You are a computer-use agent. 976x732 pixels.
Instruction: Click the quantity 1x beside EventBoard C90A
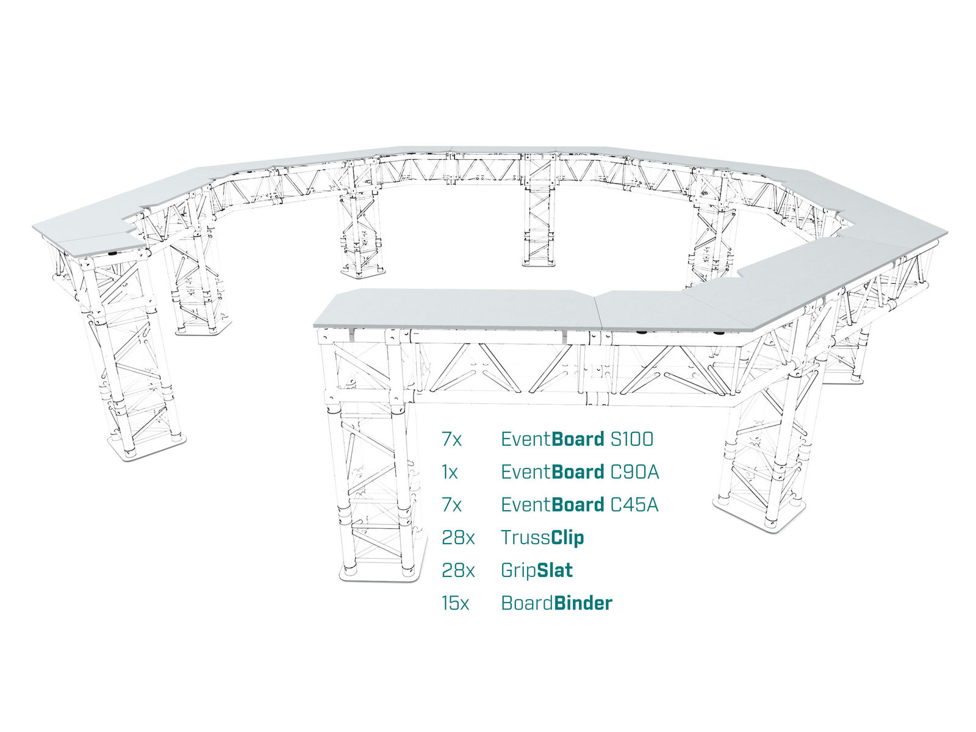click(450, 472)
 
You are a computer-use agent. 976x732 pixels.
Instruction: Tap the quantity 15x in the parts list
click(455, 603)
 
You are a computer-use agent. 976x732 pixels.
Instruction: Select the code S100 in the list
click(632, 439)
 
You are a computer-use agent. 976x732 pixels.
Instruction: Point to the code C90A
click(634, 472)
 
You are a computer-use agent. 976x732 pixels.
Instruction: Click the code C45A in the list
click(634, 505)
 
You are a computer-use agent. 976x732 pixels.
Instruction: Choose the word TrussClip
click(542, 538)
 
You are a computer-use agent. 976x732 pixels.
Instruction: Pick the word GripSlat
click(537, 571)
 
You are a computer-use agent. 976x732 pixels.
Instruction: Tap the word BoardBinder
click(557, 603)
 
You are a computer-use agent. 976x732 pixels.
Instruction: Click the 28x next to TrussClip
click(458, 538)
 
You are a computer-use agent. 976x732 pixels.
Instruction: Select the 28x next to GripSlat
click(458, 571)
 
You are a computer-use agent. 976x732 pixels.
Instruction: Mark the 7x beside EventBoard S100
click(452, 439)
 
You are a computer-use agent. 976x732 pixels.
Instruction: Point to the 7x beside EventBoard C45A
click(452, 505)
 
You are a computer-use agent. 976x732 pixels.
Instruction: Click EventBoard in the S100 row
click(553, 439)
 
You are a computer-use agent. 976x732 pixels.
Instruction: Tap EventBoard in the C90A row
click(553, 472)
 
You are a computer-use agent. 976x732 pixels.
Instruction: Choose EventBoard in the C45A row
click(553, 505)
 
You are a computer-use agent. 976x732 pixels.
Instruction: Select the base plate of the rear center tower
click(539, 263)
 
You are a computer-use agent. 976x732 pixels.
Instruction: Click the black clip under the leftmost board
click(112, 253)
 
